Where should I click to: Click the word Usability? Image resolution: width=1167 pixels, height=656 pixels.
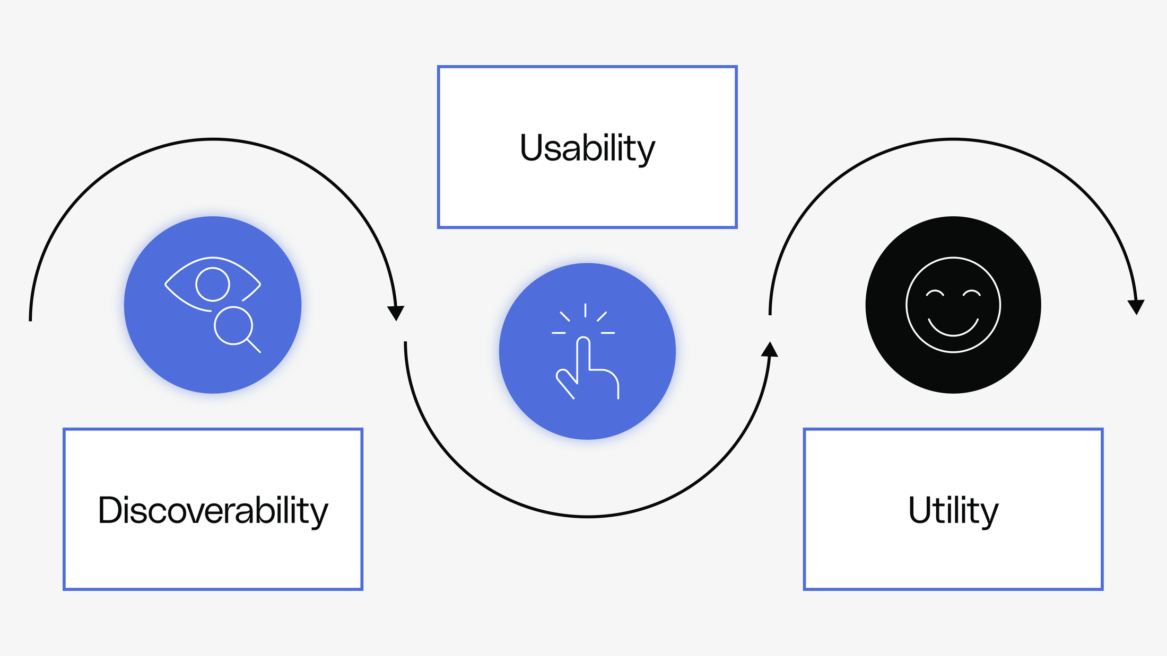pos(587,148)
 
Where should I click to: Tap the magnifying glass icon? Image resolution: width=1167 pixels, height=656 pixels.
pos(234,326)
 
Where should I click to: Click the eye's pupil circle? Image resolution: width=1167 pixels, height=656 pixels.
pos(213,285)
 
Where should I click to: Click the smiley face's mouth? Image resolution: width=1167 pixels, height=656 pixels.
pos(953,329)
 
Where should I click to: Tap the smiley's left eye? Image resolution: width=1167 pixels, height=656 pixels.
pos(935,293)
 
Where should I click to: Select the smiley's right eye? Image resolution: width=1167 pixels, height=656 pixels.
pos(972,293)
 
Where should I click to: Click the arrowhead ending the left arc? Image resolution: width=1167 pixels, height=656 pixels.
pos(396,313)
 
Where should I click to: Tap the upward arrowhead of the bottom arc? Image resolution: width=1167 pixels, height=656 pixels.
pos(770,349)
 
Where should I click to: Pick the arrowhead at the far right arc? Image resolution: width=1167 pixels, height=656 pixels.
pos(1136,307)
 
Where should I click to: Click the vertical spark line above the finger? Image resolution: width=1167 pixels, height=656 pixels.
pos(585,311)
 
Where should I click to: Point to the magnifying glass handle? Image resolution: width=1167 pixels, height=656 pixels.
pos(254,346)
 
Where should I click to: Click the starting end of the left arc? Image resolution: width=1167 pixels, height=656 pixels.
pos(31,319)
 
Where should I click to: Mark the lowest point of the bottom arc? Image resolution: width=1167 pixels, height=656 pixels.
pos(588,516)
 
